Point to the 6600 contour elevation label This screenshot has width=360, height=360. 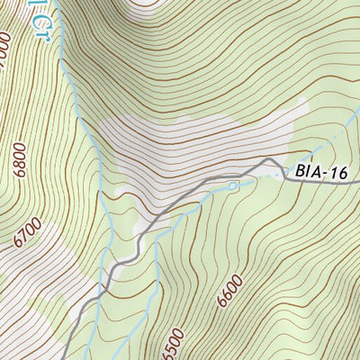(230, 292)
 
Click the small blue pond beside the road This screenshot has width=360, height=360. (232, 186)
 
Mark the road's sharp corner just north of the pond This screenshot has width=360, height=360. (267, 162)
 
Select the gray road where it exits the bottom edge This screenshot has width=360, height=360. (69, 356)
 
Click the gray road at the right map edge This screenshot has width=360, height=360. (357, 184)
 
